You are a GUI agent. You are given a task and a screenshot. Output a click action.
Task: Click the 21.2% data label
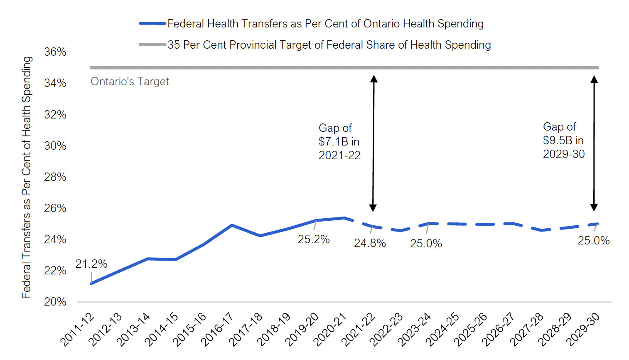coord(91,264)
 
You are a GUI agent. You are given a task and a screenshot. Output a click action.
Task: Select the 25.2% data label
coord(314,239)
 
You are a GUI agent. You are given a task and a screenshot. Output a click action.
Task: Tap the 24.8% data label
coord(370,243)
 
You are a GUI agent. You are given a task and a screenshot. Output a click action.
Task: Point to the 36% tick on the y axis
coord(55,52)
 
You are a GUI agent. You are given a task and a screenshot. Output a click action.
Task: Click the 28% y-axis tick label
coord(55,177)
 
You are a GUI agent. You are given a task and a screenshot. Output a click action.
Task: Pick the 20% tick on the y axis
coord(55,302)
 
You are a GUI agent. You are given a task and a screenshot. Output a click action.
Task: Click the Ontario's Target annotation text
coord(130,81)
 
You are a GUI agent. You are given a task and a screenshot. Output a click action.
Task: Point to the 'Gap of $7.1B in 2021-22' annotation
coord(339,142)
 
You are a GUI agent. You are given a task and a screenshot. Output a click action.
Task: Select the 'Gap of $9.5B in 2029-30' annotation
coord(563,141)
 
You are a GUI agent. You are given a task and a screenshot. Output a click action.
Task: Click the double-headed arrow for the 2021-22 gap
coord(373,143)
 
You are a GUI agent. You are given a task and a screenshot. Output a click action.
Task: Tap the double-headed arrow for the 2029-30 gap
coord(594,143)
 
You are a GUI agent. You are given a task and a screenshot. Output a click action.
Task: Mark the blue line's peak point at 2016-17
coord(231,225)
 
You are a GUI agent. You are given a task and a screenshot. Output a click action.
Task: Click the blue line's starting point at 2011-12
coord(91,284)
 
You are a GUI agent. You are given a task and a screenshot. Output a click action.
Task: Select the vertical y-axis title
coord(27,177)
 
